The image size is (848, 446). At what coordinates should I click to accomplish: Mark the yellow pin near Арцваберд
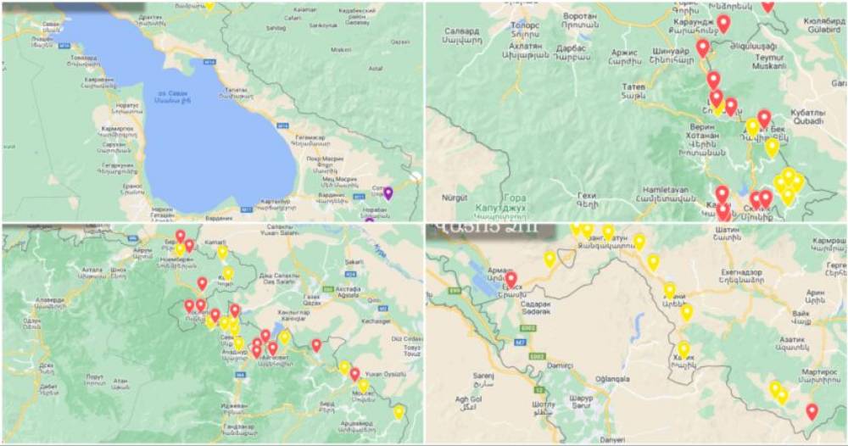click(399, 412)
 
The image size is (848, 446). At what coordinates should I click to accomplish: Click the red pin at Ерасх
click(510, 278)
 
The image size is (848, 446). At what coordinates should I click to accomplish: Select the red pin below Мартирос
click(812, 411)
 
